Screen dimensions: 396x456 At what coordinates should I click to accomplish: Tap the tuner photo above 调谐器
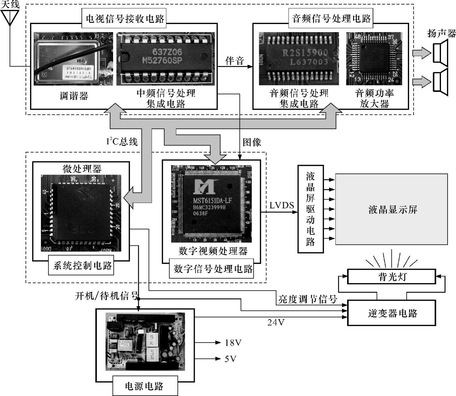click(73, 58)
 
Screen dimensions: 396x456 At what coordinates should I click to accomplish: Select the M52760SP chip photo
click(166, 58)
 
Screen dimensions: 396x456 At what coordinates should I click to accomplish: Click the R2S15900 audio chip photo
click(299, 58)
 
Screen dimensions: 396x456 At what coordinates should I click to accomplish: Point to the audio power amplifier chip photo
click(374, 58)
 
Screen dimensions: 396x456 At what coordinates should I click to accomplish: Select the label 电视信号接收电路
click(124, 19)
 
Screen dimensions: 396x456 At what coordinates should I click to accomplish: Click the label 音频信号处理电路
click(331, 19)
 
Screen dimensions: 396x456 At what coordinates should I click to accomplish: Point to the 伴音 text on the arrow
click(234, 61)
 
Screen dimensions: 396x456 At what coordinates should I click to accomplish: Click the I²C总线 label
click(122, 141)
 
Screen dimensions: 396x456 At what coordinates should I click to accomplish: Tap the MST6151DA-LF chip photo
click(211, 204)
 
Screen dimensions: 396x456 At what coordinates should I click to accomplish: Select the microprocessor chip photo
click(81, 213)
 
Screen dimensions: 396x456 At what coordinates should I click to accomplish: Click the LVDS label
click(281, 205)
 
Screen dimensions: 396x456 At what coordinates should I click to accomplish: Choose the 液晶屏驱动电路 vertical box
click(311, 209)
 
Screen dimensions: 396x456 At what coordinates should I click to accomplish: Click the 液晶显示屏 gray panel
click(391, 209)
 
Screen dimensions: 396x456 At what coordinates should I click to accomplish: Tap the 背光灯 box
click(391, 277)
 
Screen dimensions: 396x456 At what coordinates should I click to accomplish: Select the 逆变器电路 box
click(391, 313)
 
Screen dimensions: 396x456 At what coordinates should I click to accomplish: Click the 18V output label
click(233, 343)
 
